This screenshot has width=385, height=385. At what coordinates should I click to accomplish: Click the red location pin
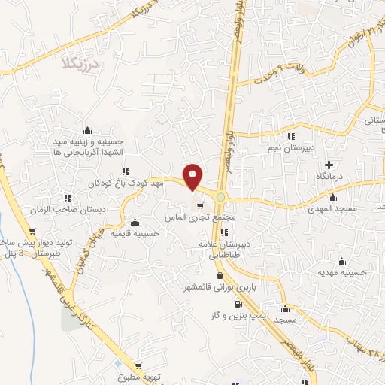(x=193, y=177)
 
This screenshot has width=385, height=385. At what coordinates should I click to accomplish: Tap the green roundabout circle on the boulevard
(x=220, y=197)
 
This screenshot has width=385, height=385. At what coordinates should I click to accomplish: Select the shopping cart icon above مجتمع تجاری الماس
(x=199, y=205)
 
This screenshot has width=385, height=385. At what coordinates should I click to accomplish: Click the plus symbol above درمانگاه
(x=328, y=165)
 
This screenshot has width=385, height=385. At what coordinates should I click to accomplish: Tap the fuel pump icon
(x=238, y=305)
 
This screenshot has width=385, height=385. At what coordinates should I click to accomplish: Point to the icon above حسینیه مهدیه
(x=344, y=262)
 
